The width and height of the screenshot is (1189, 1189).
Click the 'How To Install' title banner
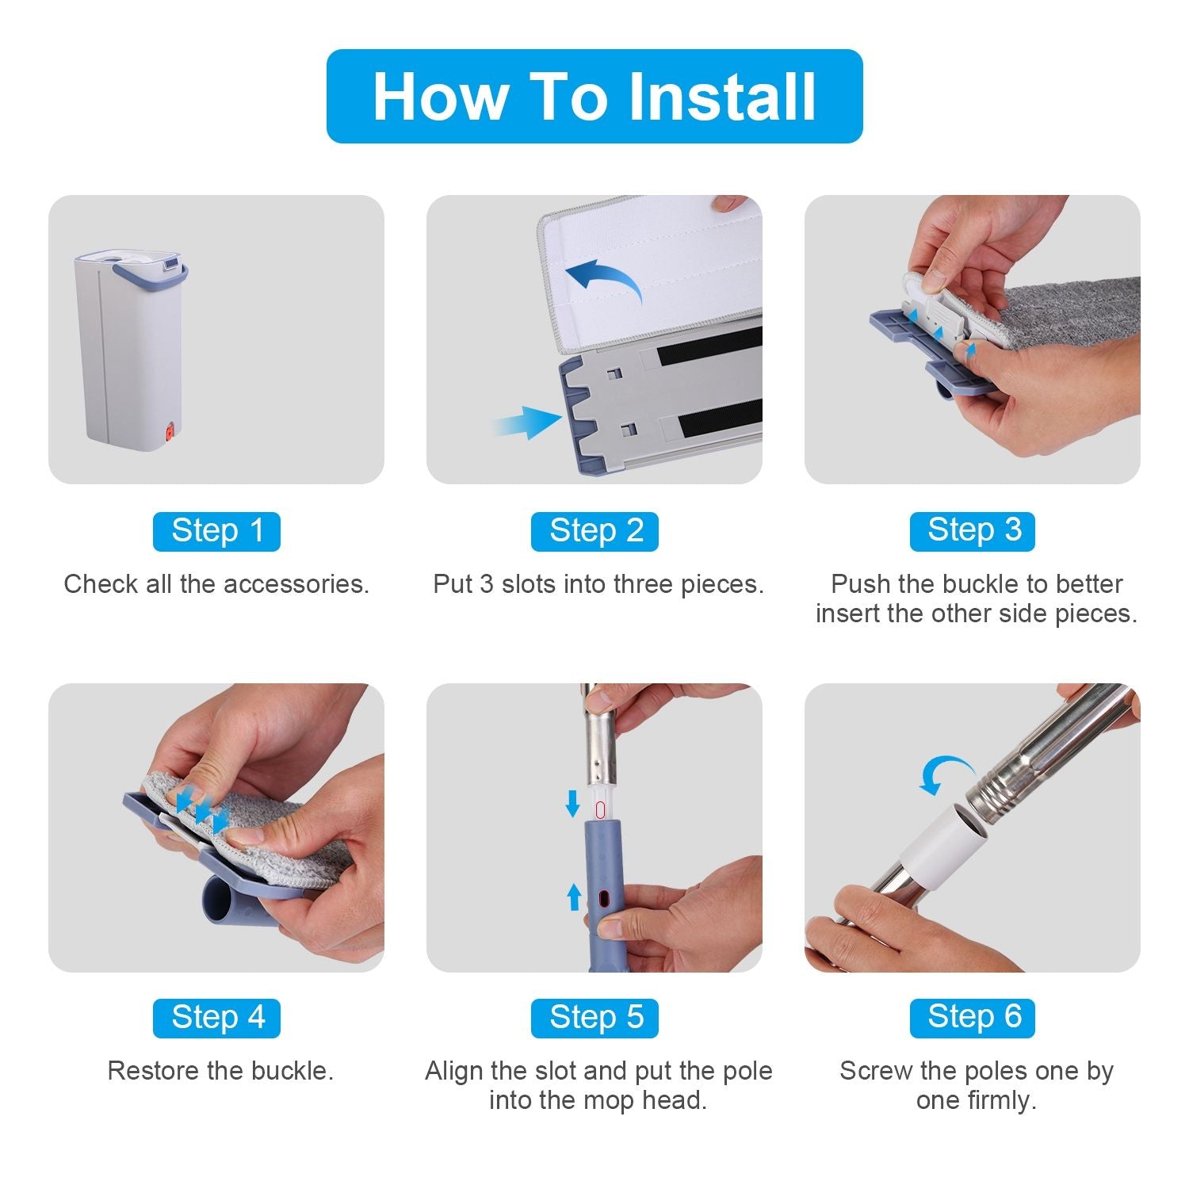click(x=594, y=96)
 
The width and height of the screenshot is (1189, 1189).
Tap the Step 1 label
click(x=216, y=531)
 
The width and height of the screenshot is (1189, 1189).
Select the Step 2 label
click(x=594, y=531)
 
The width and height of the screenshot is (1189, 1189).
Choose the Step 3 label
click(x=973, y=531)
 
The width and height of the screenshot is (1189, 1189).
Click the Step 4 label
click(x=216, y=1018)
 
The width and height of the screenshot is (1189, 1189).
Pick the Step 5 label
click(x=594, y=1018)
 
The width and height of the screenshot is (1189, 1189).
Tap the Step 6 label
click(x=973, y=1018)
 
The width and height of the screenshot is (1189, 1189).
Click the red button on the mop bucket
click(x=168, y=433)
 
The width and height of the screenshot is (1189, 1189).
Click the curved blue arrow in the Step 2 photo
click(x=606, y=275)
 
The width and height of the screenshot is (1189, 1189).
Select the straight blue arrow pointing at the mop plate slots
click(x=526, y=422)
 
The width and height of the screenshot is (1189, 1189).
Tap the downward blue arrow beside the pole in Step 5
click(x=572, y=802)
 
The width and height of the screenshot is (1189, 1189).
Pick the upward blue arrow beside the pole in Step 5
click(x=574, y=897)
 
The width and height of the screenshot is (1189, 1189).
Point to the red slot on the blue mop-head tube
click(x=604, y=899)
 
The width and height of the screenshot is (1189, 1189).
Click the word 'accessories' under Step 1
click(x=296, y=584)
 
